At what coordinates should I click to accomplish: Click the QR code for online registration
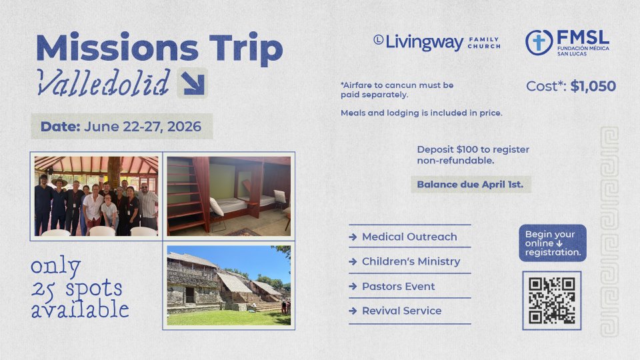552,301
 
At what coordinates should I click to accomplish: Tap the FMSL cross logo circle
539,43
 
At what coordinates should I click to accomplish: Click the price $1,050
593,86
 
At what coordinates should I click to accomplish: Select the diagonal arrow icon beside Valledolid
192,83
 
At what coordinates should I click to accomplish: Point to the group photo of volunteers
96,196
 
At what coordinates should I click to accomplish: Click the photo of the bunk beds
229,196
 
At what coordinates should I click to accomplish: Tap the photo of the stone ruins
229,285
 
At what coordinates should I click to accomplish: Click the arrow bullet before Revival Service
353,311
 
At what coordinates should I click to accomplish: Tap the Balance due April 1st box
471,185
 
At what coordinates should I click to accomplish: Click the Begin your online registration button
553,243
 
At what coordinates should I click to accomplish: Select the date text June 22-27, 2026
143,127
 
